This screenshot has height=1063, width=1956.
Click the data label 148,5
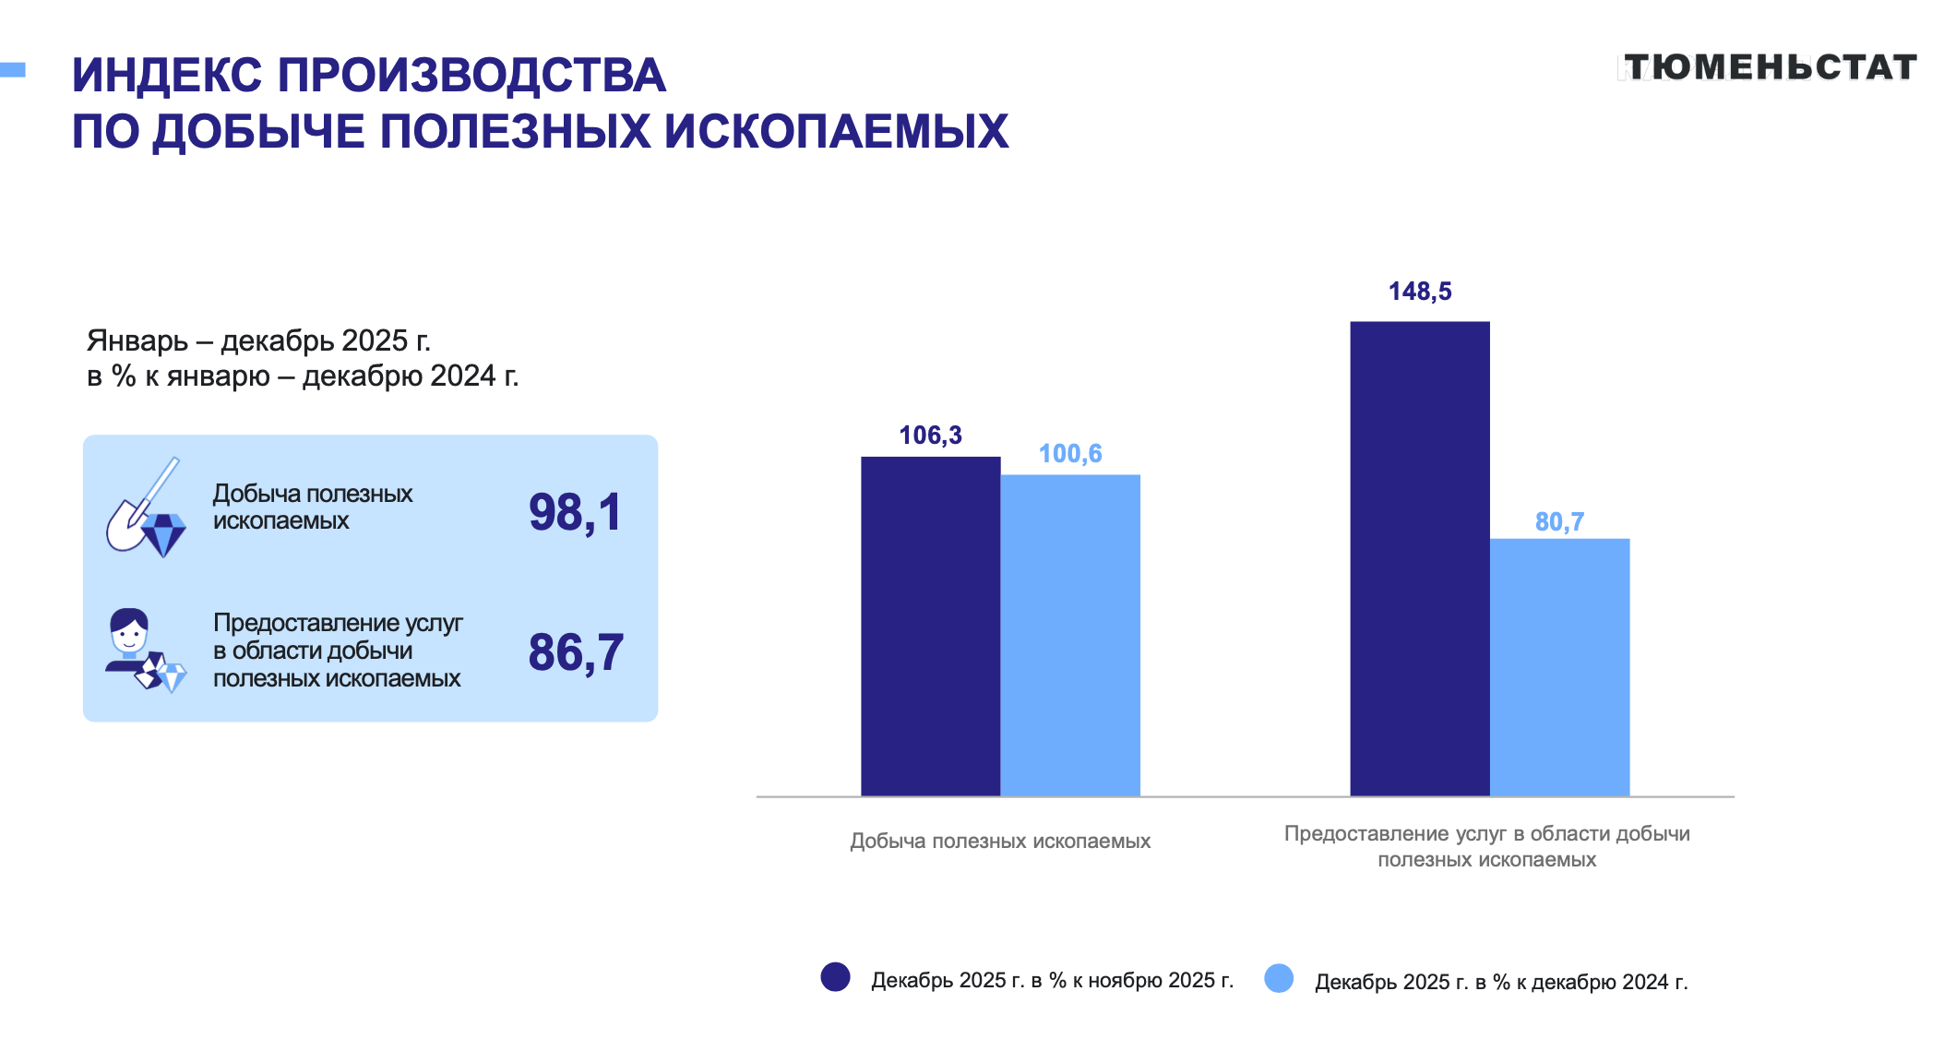1420,292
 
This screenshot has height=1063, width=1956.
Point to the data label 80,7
1559,522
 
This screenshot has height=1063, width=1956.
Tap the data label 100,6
1070,454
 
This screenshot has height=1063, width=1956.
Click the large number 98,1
576,512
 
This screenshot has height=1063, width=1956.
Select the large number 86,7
576,652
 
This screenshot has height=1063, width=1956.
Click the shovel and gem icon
146,508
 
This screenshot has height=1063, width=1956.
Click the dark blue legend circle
835,977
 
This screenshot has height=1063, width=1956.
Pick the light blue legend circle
1279,978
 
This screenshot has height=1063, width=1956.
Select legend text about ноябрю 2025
1052,980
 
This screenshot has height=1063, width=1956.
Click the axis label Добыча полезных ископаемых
1000,841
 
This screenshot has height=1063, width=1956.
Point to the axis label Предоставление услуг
1486,846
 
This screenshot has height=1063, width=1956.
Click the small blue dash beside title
13,69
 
